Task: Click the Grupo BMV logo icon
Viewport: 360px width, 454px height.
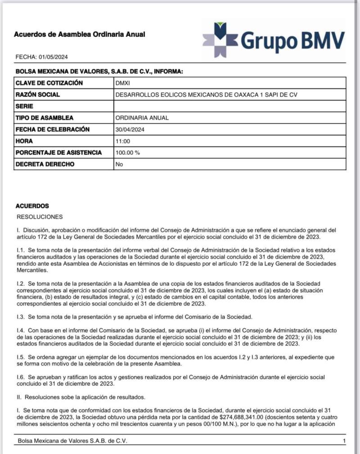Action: (220, 40)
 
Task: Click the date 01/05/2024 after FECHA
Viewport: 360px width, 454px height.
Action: (54, 57)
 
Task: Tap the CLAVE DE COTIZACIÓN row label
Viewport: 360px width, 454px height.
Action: (49, 83)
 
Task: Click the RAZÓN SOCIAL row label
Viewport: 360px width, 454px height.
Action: (38, 95)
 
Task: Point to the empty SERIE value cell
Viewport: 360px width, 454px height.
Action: (229, 107)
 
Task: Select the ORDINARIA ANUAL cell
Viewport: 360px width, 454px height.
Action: (142, 118)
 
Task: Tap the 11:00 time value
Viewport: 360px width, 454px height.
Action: (123, 141)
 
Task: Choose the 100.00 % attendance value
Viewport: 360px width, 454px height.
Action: (128, 153)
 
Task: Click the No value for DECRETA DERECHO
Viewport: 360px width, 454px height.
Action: (119, 164)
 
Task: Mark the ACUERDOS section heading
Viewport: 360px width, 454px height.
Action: (32, 206)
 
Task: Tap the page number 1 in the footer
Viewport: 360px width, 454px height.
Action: (344, 441)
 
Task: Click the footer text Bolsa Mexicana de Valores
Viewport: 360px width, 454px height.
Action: (72, 441)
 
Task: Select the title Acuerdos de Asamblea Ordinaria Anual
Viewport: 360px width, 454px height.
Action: (80, 34)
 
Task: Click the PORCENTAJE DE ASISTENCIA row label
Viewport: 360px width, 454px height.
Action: (58, 153)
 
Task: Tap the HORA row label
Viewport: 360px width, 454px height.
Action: (24, 141)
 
